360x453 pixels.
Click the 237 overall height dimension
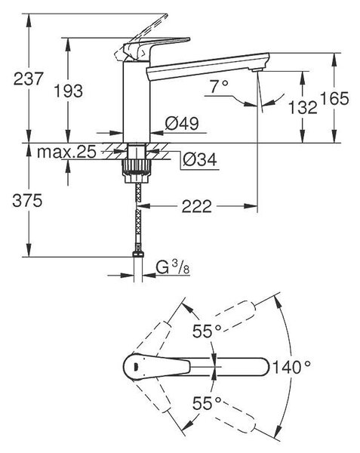coord(28,79)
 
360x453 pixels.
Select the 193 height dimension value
coord(69,91)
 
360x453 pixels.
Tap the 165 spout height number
coord(335,98)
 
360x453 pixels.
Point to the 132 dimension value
coord(303,107)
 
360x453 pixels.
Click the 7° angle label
coord(219,86)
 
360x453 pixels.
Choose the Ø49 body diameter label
coord(182,123)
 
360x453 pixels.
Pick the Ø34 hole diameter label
coord(200,159)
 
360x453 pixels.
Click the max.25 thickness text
coord(66,152)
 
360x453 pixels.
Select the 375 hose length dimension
coord(27,200)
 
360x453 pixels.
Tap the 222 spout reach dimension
coord(196,207)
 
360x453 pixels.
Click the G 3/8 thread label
coord(173,267)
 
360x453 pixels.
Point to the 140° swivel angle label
coord(291,367)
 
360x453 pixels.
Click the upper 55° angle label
coord(207,331)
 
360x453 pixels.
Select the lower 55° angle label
coord(207,403)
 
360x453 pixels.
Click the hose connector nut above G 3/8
coord(138,254)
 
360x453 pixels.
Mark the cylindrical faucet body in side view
coord(137,101)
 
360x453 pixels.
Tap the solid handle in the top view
coord(157,365)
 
